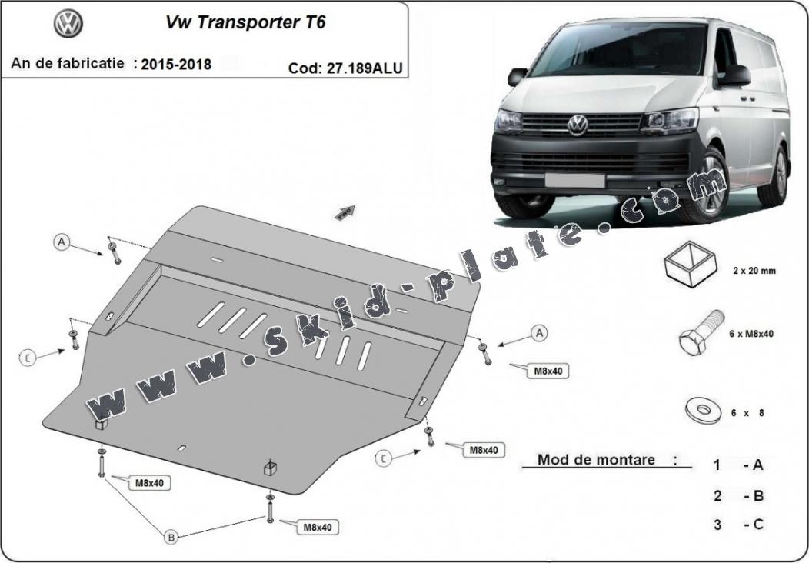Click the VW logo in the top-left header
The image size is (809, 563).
point(68,24)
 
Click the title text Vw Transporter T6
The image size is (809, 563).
point(245,22)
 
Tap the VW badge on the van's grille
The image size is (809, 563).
point(578,125)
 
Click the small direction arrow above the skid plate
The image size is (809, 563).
point(345,212)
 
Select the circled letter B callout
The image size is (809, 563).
point(170,536)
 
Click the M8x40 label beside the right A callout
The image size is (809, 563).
point(548,371)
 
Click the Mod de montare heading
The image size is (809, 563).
point(597,460)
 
